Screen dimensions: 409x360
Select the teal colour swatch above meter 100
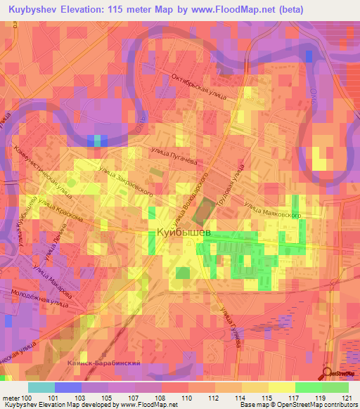pyautogui.click(x=41, y=387)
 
